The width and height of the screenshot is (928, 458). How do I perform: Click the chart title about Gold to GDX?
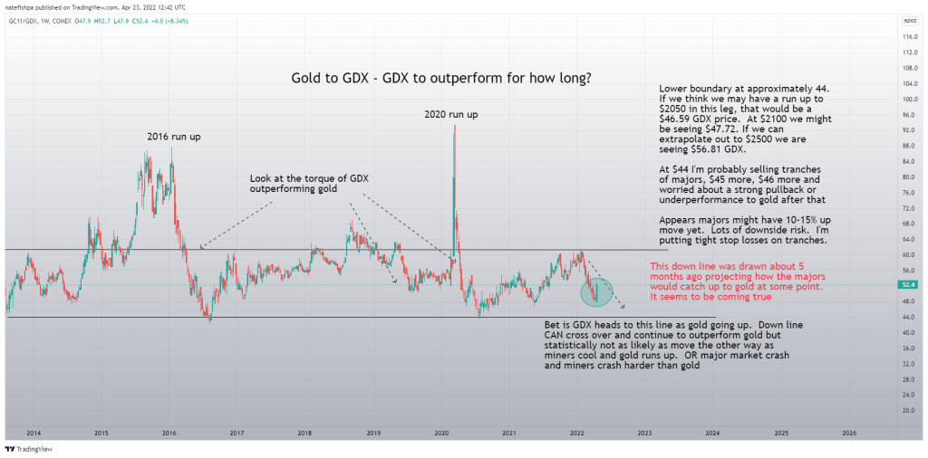click(441, 78)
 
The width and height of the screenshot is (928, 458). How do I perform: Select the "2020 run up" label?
click(451, 114)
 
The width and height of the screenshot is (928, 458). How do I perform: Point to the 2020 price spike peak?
click(453, 127)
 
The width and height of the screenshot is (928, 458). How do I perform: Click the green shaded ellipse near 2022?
click(596, 291)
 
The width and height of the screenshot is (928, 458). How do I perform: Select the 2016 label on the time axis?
click(169, 434)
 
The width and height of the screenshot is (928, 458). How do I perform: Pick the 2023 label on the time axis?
click(644, 434)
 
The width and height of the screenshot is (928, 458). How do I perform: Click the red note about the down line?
click(736, 276)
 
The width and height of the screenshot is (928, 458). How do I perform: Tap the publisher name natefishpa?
click(23, 7)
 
